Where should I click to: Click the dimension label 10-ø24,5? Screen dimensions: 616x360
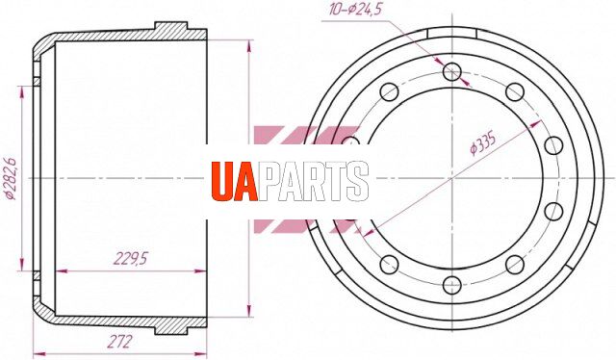[355, 10]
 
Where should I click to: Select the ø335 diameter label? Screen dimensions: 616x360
[483, 143]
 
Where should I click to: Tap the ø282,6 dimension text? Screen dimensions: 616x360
[10, 179]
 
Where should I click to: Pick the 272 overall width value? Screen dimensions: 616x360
[119, 342]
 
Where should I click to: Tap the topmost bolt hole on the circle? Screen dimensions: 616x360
[452, 72]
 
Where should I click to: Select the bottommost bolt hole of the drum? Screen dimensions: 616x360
[452, 285]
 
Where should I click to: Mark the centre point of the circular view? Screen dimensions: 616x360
[452, 178]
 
